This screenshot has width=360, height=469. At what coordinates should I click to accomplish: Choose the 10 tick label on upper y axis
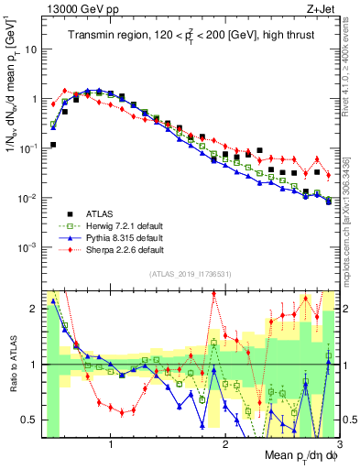pos(30,49)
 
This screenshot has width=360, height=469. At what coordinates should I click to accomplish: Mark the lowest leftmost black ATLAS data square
pos(53,145)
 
